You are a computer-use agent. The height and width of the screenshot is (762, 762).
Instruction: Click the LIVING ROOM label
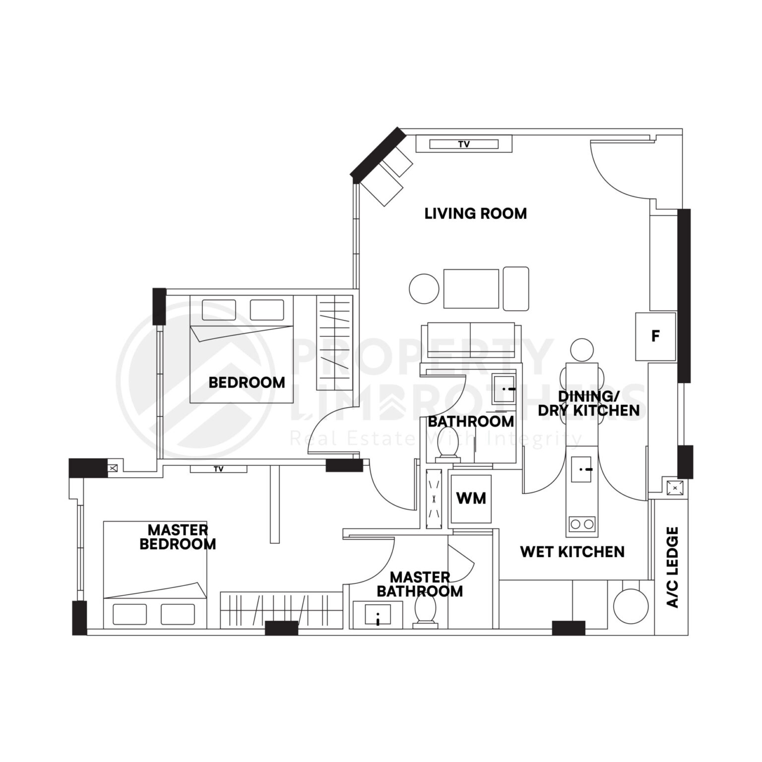(475, 214)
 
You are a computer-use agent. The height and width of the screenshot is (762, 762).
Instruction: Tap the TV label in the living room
(464, 144)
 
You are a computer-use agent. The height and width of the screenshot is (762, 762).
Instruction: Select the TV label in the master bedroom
(218, 469)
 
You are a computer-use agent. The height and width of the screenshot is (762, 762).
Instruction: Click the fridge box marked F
(655, 336)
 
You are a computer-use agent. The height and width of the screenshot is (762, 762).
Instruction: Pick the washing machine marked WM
(471, 499)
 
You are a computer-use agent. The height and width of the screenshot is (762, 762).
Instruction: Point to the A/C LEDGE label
(672, 568)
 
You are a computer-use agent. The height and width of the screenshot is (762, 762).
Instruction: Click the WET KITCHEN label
(572, 552)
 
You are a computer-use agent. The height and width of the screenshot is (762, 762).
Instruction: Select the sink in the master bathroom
(378, 614)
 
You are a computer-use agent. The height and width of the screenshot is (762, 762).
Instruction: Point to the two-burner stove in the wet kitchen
(582, 524)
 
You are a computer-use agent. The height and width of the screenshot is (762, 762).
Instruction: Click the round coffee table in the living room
(424, 289)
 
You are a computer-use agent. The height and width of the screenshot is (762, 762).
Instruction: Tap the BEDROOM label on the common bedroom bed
(247, 382)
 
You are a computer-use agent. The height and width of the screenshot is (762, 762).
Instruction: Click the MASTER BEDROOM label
(178, 537)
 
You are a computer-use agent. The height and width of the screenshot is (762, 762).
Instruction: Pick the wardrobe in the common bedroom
(334, 343)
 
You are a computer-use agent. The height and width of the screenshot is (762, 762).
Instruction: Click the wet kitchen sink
(581, 469)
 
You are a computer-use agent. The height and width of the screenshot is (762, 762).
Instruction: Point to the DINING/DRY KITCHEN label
(588, 403)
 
